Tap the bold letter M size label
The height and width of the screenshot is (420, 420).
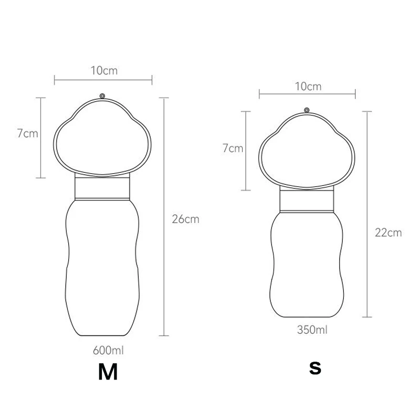click(108, 372)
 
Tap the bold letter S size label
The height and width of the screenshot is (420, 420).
click(314, 368)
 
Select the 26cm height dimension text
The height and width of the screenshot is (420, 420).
click(185, 219)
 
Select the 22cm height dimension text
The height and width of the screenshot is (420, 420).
click(388, 232)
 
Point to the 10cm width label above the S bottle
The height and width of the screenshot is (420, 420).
click(308, 87)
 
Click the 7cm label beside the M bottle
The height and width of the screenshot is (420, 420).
click(27, 133)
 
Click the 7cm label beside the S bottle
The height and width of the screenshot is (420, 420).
click(233, 149)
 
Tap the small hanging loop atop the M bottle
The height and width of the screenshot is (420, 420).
click(102, 96)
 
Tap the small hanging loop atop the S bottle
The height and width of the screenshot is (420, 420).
click(307, 111)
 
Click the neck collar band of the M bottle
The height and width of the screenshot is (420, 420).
click(102, 188)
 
